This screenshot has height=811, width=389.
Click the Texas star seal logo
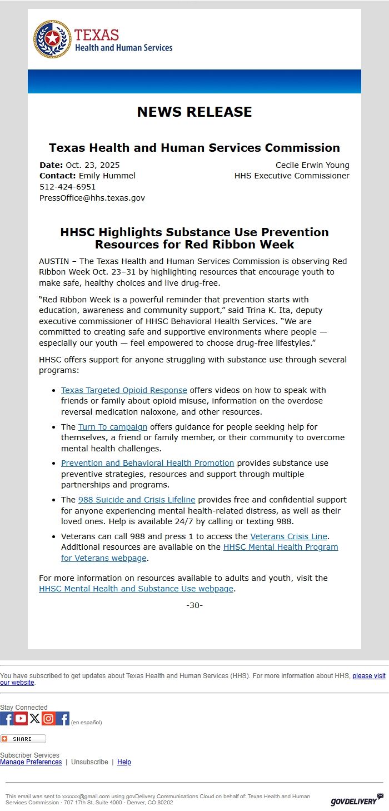coord(52,39)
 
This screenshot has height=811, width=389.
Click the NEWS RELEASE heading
coord(194,112)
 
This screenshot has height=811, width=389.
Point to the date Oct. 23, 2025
coord(92,165)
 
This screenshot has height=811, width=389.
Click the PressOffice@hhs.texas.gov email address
coord(92,198)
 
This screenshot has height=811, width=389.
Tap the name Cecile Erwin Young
coord(312,165)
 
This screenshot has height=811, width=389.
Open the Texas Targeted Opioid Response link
coord(124,390)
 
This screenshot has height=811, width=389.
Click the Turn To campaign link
coord(112,427)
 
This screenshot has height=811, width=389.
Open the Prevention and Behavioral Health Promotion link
coord(147,463)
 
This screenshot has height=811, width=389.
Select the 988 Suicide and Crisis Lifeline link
coord(137,500)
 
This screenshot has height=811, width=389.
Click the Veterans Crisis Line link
coord(289,536)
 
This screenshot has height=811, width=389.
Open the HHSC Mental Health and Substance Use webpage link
coord(136,589)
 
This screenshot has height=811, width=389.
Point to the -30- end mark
coord(194,605)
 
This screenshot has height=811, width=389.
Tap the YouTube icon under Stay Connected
coord(21,719)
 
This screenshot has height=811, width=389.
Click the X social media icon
coord(35,719)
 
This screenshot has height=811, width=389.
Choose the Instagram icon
coord(49,719)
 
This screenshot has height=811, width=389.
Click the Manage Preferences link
coord(31,762)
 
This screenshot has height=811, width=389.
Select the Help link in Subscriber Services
coord(124,762)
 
